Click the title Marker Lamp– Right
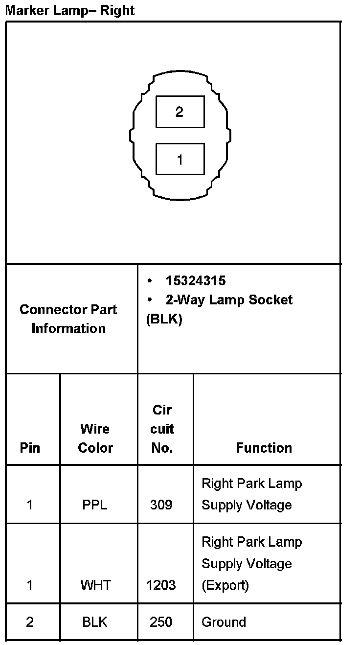69,10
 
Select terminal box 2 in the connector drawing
180,112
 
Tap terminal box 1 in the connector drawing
180,159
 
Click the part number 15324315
195,281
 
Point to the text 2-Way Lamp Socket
228,299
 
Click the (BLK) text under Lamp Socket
164,319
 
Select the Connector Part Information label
68,319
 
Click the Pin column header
30,448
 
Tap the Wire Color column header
95,438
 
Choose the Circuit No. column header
162,429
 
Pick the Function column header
264,448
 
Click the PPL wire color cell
95,505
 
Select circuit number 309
161,505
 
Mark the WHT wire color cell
96,585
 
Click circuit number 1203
161,585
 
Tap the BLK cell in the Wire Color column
95,622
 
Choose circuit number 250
161,622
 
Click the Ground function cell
224,622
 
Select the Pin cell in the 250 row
30,622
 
